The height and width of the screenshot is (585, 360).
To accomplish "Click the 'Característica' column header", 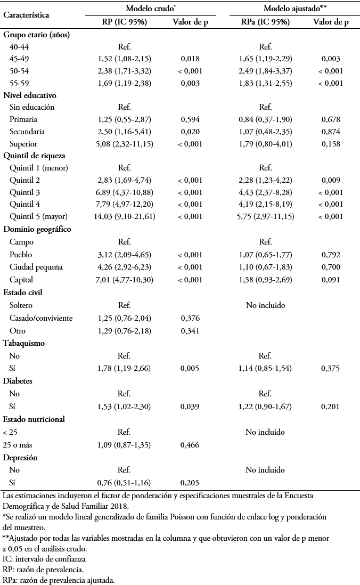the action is click(x=26, y=15).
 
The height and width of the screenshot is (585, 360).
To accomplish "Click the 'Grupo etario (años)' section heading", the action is click(x=37, y=35).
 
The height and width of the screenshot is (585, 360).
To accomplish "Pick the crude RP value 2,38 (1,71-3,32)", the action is click(x=125, y=71).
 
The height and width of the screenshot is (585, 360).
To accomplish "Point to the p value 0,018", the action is click(x=190, y=59).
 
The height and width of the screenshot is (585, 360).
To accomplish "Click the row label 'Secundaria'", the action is click(x=27, y=132).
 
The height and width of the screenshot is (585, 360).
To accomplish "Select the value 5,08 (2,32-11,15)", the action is click(x=125, y=144).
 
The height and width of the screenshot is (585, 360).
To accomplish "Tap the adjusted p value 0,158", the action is click(x=331, y=144).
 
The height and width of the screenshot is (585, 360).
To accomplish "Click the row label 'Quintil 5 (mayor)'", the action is click(x=38, y=216).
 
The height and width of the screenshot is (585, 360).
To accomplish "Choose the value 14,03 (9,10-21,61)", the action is click(x=125, y=216).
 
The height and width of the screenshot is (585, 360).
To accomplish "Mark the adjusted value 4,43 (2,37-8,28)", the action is click(x=266, y=192).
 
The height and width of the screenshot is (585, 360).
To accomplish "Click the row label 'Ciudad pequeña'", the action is click(x=36, y=267).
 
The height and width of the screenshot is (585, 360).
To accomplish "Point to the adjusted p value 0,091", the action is click(x=331, y=280).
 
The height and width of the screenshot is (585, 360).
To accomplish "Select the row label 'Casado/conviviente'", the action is click(x=41, y=318).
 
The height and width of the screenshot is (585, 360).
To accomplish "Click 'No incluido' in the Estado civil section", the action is click(x=266, y=305).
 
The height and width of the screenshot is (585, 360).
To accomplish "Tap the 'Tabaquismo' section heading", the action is click(x=24, y=343).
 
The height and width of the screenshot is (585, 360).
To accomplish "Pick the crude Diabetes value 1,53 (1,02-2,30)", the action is click(x=124, y=407).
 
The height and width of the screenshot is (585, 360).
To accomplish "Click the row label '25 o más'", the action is click(x=18, y=445).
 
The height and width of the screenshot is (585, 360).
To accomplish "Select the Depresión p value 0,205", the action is click(x=190, y=483).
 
